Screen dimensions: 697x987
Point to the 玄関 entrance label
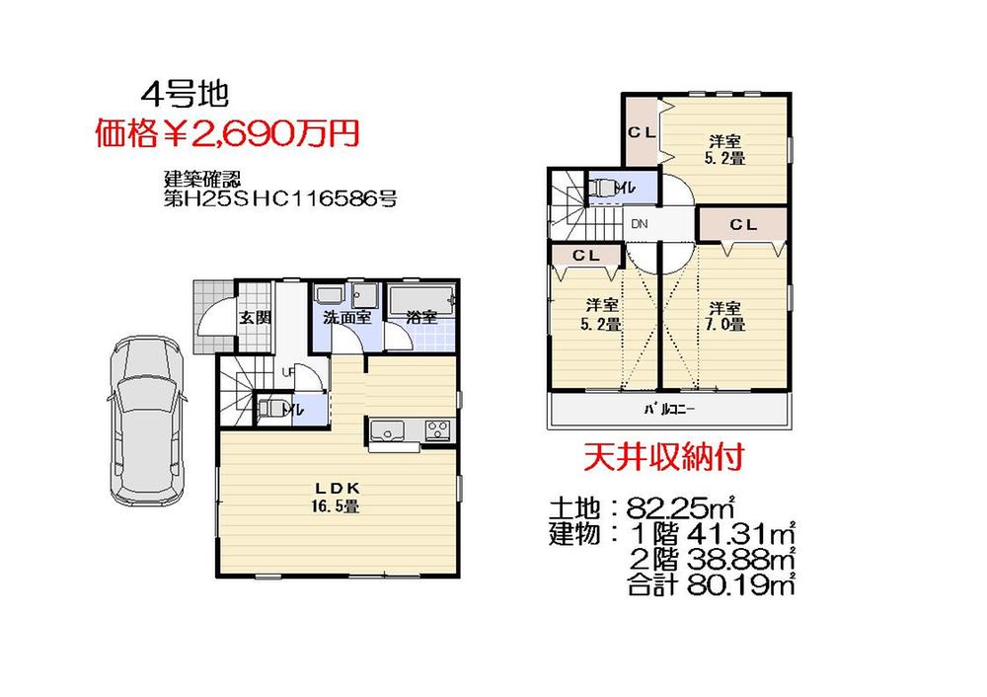(255, 318)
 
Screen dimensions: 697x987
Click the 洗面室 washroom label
(347, 318)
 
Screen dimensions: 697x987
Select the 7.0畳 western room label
(726, 315)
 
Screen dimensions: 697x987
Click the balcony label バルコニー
(671, 409)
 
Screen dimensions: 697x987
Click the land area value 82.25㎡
(682, 509)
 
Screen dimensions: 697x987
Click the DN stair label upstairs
(640, 224)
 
